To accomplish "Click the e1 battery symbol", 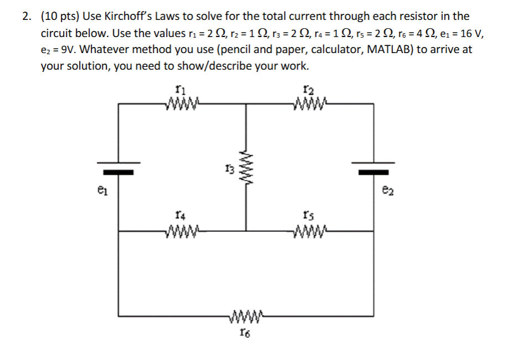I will [117, 168].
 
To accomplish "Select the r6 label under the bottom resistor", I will [244, 332].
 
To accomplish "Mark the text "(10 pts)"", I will [59, 16].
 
